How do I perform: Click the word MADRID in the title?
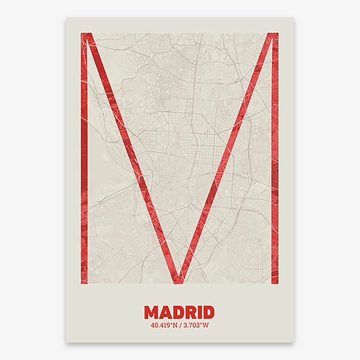coord(179,312)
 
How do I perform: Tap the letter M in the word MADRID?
coord(151,312)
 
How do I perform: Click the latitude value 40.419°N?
coord(164,325)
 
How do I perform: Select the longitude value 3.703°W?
coord(194,325)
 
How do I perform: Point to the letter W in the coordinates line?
coord(206,325)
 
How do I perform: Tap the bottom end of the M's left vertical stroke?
coord(85,281)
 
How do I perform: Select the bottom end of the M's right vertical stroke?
coord(275,281)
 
